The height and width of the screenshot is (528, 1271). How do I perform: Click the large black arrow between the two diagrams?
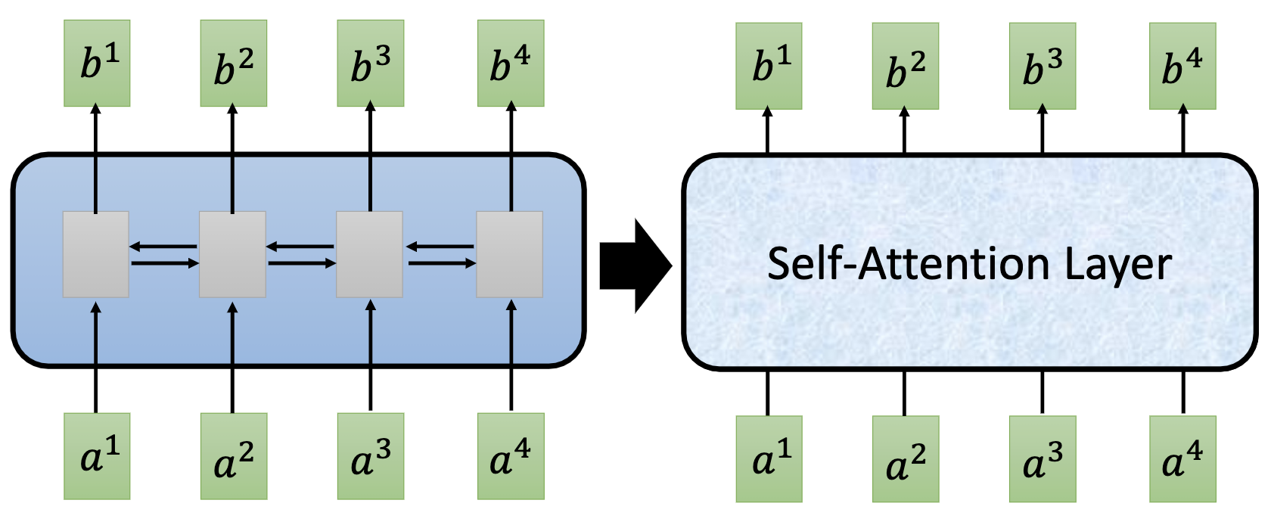(634, 266)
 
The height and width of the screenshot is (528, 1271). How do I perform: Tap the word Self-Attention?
(908, 265)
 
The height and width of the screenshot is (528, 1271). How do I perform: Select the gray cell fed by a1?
(95, 254)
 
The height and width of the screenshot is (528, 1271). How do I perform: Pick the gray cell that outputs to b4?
(509, 254)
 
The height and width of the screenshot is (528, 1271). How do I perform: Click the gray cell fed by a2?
(232, 254)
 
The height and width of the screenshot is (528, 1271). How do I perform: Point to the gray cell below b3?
(369, 254)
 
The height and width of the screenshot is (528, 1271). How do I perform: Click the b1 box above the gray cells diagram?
(97, 64)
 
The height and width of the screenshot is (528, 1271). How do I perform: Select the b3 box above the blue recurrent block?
(370, 64)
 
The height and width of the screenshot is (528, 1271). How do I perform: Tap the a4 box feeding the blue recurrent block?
(511, 456)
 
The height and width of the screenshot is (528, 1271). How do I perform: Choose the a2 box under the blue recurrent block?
(233, 456)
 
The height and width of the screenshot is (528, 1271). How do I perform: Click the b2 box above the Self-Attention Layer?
(905, 67)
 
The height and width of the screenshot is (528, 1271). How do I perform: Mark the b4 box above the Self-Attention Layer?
(1182, 67)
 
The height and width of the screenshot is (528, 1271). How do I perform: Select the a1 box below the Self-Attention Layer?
(769, 459)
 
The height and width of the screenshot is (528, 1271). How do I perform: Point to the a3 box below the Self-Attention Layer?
(1043, 459)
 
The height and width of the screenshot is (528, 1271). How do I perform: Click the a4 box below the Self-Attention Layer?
(1182, 459)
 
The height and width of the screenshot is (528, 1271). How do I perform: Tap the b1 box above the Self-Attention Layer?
(769, 67)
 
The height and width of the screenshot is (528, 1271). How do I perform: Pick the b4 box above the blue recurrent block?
(511, 64)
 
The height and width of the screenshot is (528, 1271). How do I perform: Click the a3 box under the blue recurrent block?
(370, 456)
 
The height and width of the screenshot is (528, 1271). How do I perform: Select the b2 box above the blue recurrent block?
(233, 64)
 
